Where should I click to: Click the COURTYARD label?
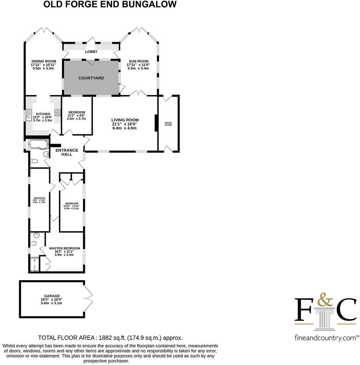(x=91, y=78)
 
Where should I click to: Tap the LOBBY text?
(x=91, y=52)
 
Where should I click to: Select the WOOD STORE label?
(x=168, y=124)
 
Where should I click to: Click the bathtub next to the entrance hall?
(x=38, y=144)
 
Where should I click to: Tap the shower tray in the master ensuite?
(x=35, y=264)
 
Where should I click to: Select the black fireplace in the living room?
(x=156, y=123)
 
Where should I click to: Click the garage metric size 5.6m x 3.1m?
(x=52, y=303)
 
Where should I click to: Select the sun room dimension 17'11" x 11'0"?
(x=138, y=64)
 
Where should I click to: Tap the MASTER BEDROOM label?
(x=64, y=248)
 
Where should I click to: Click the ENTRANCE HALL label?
(x=67, y=152)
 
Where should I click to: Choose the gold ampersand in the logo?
(x=325, y=300)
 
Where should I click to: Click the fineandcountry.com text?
(x=325, y=338)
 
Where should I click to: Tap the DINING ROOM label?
(x=44, y=61)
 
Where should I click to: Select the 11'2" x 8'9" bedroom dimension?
(x=76, y=115)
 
